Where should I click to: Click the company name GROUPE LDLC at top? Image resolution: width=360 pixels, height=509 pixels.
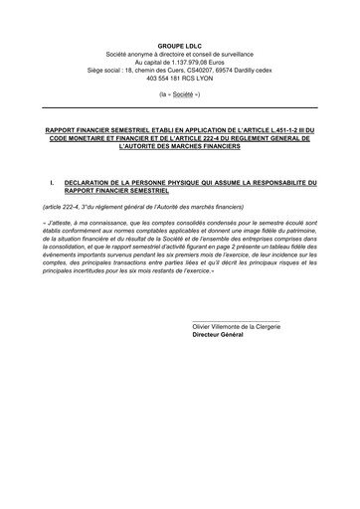pyautogui.click(x=180, y=34)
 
